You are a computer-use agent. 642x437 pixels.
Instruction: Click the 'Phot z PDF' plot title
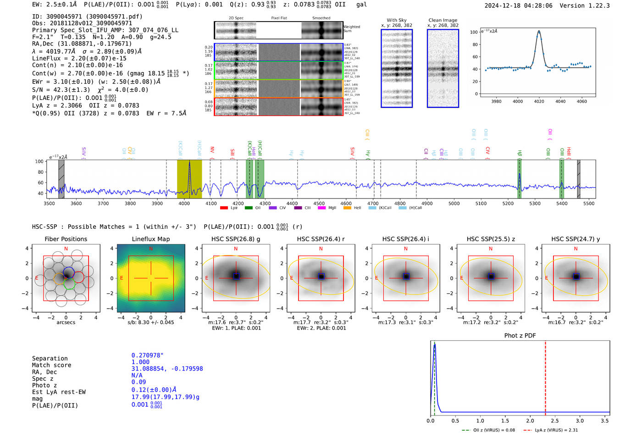[520, 336]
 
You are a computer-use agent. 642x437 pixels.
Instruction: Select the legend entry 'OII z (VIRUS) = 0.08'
[490, 430]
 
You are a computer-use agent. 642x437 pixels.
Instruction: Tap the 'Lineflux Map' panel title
[150, 239]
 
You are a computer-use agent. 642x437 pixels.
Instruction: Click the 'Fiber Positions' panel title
[66, 239]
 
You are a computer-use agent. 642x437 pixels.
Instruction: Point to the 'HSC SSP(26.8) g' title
[236, 239]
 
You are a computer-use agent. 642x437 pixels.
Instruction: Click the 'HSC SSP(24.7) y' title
[576, 239]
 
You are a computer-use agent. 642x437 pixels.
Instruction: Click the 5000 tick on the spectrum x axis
[454, 204]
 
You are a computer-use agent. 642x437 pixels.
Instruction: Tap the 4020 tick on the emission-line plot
[539, 101]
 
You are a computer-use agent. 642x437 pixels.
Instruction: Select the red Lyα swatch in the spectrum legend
[224, 208]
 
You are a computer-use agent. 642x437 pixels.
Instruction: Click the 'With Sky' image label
[396, 20]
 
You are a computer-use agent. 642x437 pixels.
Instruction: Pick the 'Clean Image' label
[443, 20]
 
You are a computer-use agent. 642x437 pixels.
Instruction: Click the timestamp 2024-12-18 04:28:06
[518, 6]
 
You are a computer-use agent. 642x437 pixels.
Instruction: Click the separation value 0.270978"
[147, 355]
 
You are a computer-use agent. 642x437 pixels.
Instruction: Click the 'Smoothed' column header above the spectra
[321, 18]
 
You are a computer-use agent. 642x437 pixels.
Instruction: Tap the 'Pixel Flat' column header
[279, 18]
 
